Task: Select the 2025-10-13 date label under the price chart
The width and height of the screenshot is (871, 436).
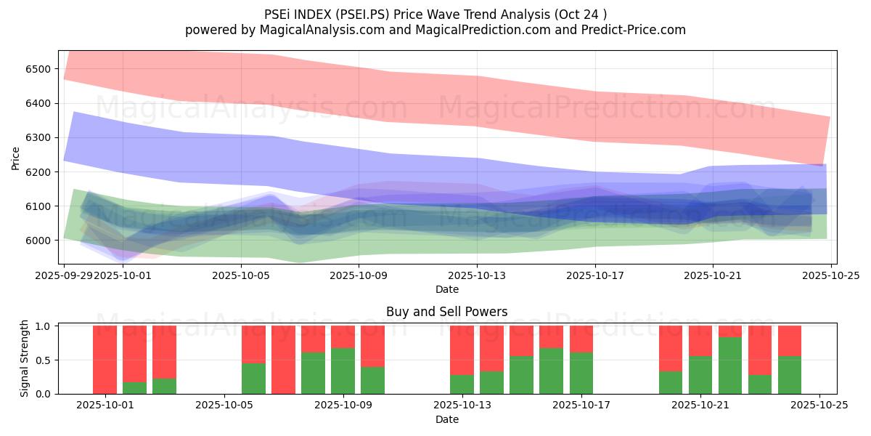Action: (477, 275)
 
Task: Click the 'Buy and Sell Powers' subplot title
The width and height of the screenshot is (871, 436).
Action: (447, 312)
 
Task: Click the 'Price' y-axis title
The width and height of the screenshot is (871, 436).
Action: (16, 158)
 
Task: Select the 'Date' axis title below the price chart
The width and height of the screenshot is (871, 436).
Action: (447, 289)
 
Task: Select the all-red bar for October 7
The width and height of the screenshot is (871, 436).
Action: (283, 360)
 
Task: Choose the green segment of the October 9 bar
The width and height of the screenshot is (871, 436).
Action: (343, 371)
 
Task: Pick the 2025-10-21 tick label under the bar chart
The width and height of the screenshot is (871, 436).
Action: (700, 405)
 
